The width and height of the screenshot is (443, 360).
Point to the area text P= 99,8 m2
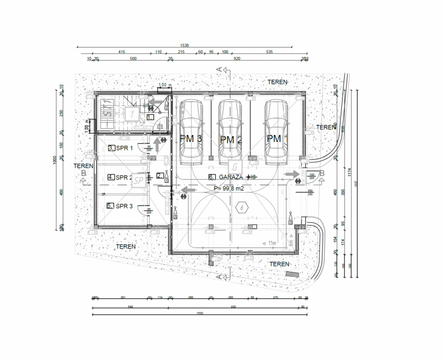[229, 188]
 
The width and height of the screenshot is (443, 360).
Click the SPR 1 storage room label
[124, 148]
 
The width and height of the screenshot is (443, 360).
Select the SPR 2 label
[124, 177]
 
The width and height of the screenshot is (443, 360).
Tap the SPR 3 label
[124, 206]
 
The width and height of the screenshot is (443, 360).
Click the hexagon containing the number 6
[242, 208]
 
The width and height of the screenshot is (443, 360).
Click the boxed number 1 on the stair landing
[132, 112]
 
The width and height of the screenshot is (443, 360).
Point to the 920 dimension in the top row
[237, 59]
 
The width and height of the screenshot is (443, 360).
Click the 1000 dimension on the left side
[54, 159]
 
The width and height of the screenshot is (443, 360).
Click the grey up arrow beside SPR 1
[157, 145]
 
